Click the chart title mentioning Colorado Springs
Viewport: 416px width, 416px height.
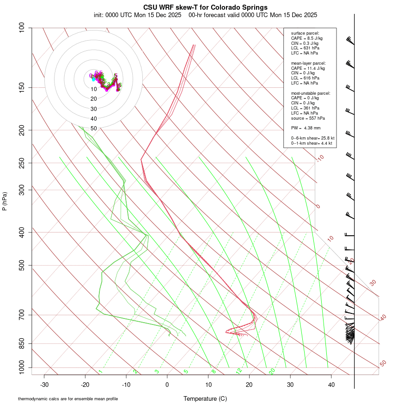pyautogui.click(x=205, y=7)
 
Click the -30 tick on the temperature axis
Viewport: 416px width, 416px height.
pyautogui.click(x=44, y=385)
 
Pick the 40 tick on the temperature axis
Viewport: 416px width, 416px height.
pyautogui.click(x=331, y=385)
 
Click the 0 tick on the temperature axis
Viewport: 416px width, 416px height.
pyautogui.click(x=167, y=385)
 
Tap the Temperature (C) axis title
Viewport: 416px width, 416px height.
pyautogui.click(x=205, y=398)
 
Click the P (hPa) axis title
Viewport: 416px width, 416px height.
pyautogui.click(x=5, y=201)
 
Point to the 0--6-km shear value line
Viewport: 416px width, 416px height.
pyautogui.click(x=313, y=138)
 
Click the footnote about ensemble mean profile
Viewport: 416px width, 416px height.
pyautogui.click(x=68, y=399)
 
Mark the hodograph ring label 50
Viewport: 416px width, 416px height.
pyautogui.click(x=94, y=128)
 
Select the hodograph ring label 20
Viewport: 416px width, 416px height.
pyautogui.click(x=94, y=98)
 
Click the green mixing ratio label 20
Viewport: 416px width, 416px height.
pyautogui.click(x=272, y=371)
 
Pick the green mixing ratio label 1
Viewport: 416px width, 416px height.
pyautogui.click(x=100, y=371)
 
